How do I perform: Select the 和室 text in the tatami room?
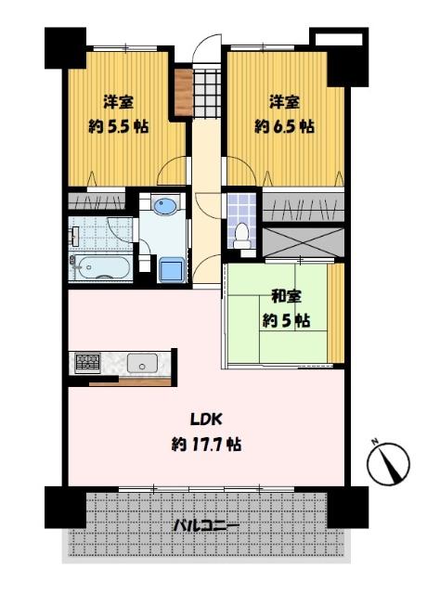coord(286,297)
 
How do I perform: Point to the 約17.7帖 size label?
coord(206,445)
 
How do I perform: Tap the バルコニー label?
coord(206,526)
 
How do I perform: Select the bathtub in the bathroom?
coord(100,268)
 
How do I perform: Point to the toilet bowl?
coord(243,237)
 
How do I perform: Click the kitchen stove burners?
coord(87,362)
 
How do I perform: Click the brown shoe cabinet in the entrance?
coord(182,88)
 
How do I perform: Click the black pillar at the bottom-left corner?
coord(64,507)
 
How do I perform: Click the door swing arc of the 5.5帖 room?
coord(171,172)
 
